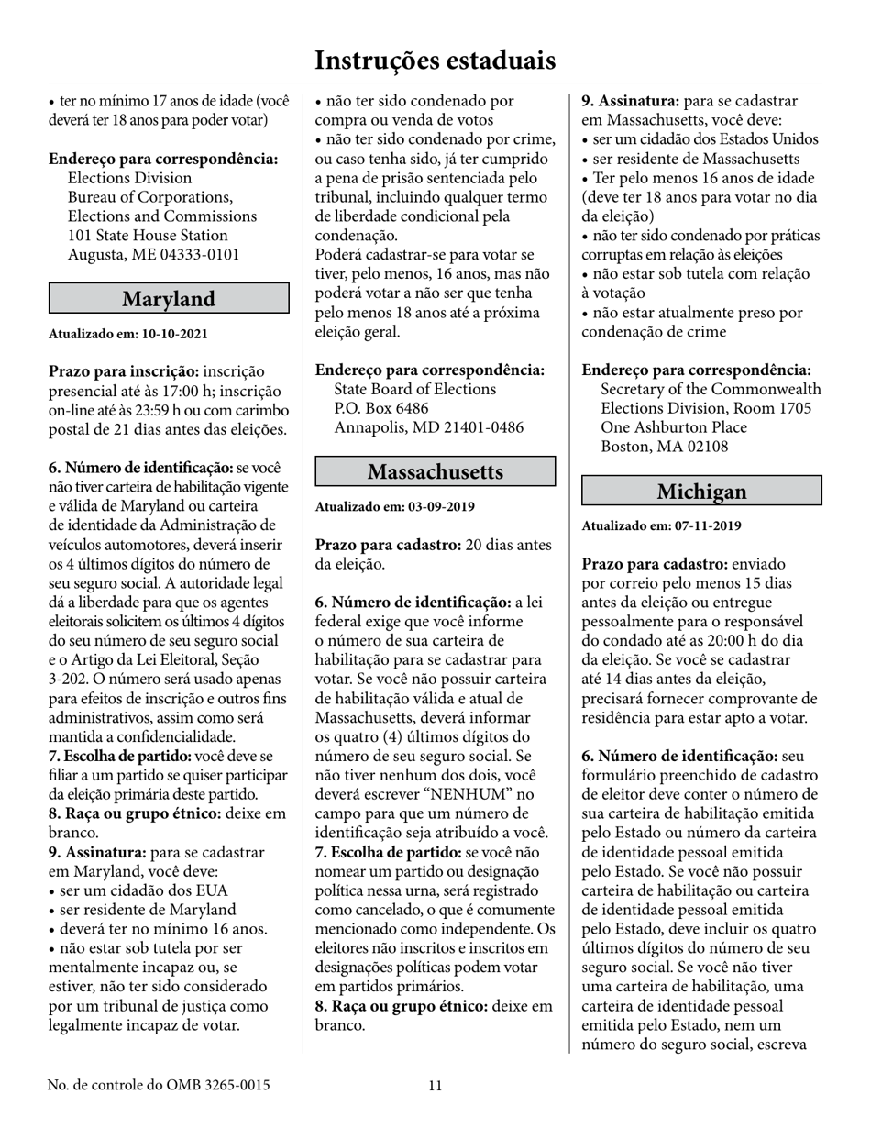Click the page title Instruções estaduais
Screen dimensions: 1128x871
(x=435, y=61)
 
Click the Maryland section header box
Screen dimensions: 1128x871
(x=169, y=299)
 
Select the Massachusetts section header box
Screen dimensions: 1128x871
(x=435, y=471)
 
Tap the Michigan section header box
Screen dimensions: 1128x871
(x=701, y=491)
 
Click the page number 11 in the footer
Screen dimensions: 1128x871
(x=435, y=1086)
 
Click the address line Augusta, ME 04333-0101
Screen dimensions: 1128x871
(x=154, y=254)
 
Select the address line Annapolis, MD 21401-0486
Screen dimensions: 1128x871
(x=428, y=427)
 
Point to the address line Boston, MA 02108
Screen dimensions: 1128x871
(x=665, y=447)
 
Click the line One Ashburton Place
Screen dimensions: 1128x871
(x=673, y=427)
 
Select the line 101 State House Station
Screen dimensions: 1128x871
(x=148, y=235)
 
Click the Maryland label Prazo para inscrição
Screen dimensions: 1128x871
(x=123, y=371)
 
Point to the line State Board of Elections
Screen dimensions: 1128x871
(x=414, y=389)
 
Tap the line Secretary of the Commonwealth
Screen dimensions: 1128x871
(x=711, y=389)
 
